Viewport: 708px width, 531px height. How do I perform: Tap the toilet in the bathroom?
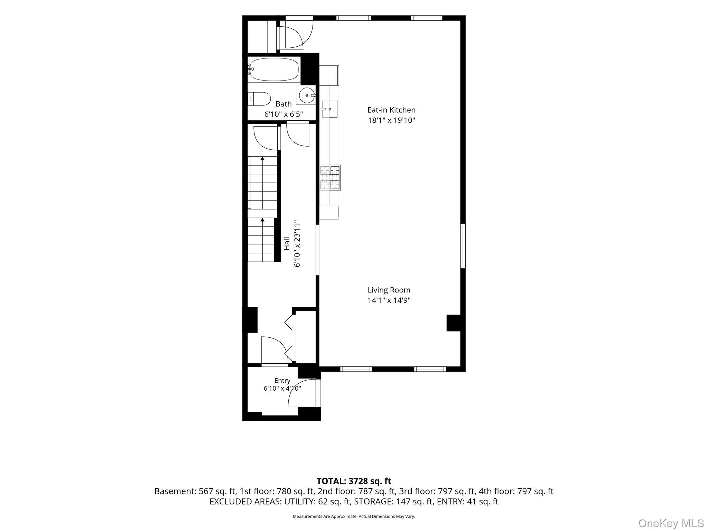click(260, 99)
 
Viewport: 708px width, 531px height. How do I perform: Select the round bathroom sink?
click(306, 95)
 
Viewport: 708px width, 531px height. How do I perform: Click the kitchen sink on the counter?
click(330, 109)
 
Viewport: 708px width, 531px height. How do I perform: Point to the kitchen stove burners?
click(330, 177)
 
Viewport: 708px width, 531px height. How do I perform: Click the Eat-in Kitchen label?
click(391, 110)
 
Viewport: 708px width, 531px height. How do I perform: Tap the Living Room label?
click(389, 290)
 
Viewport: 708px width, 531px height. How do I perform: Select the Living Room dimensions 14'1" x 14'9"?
click(389, 300)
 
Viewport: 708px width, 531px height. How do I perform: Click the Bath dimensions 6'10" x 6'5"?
click(284, 114)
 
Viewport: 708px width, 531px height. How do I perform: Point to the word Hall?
click(287, 243)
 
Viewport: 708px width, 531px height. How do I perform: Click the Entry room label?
click(282, 381)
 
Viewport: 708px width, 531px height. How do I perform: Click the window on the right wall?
click(463, 246)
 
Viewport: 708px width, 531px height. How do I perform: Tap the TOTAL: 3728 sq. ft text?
click(354, 481)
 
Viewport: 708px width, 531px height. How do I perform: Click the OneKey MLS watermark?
click(671, 523)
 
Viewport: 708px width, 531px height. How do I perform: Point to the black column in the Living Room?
click(454, 323)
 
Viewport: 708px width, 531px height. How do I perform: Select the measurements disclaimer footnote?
click(354, 516)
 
